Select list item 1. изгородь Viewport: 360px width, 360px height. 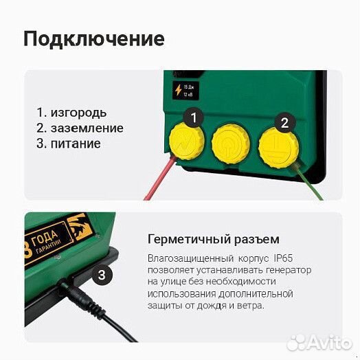[x=71, y=112]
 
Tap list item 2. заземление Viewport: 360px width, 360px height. [x=80, y=128]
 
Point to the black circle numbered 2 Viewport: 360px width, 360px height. [x=282, y=124]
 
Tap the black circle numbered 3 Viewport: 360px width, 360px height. [x=102, y=275]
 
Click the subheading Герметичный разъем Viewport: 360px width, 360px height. [x=213, y=239]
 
